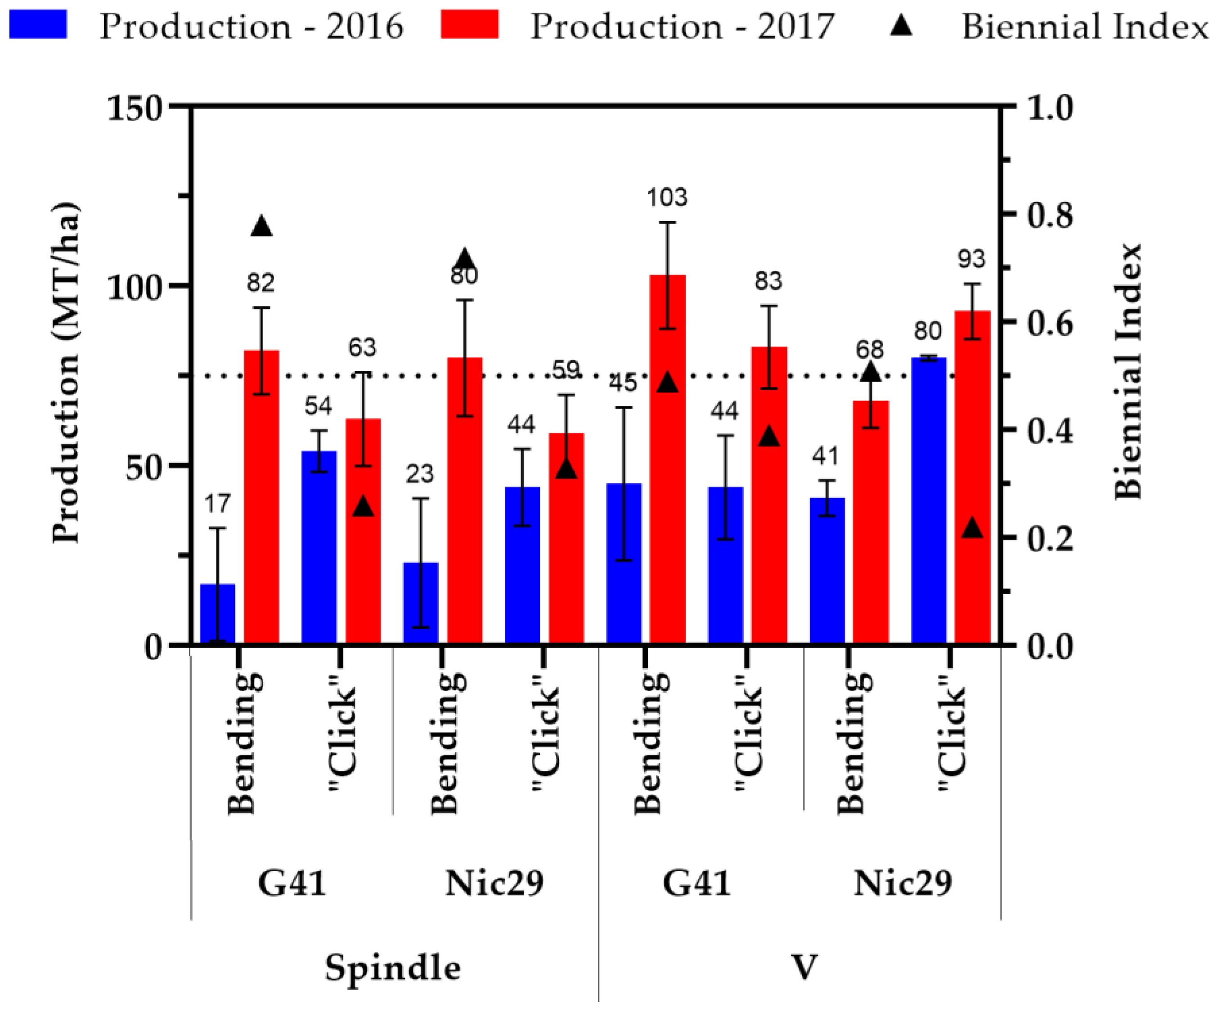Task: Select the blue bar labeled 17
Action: point(217,614)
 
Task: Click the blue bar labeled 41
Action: point(827,570)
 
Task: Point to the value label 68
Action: point(870,350)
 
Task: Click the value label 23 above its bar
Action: point(420,474)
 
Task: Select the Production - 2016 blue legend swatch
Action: point(38,24)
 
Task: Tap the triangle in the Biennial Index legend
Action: point(902,26)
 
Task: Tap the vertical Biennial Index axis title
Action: point(1128,371)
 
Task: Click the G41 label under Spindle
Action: point(292,883)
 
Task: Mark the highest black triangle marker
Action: point(261,226)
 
